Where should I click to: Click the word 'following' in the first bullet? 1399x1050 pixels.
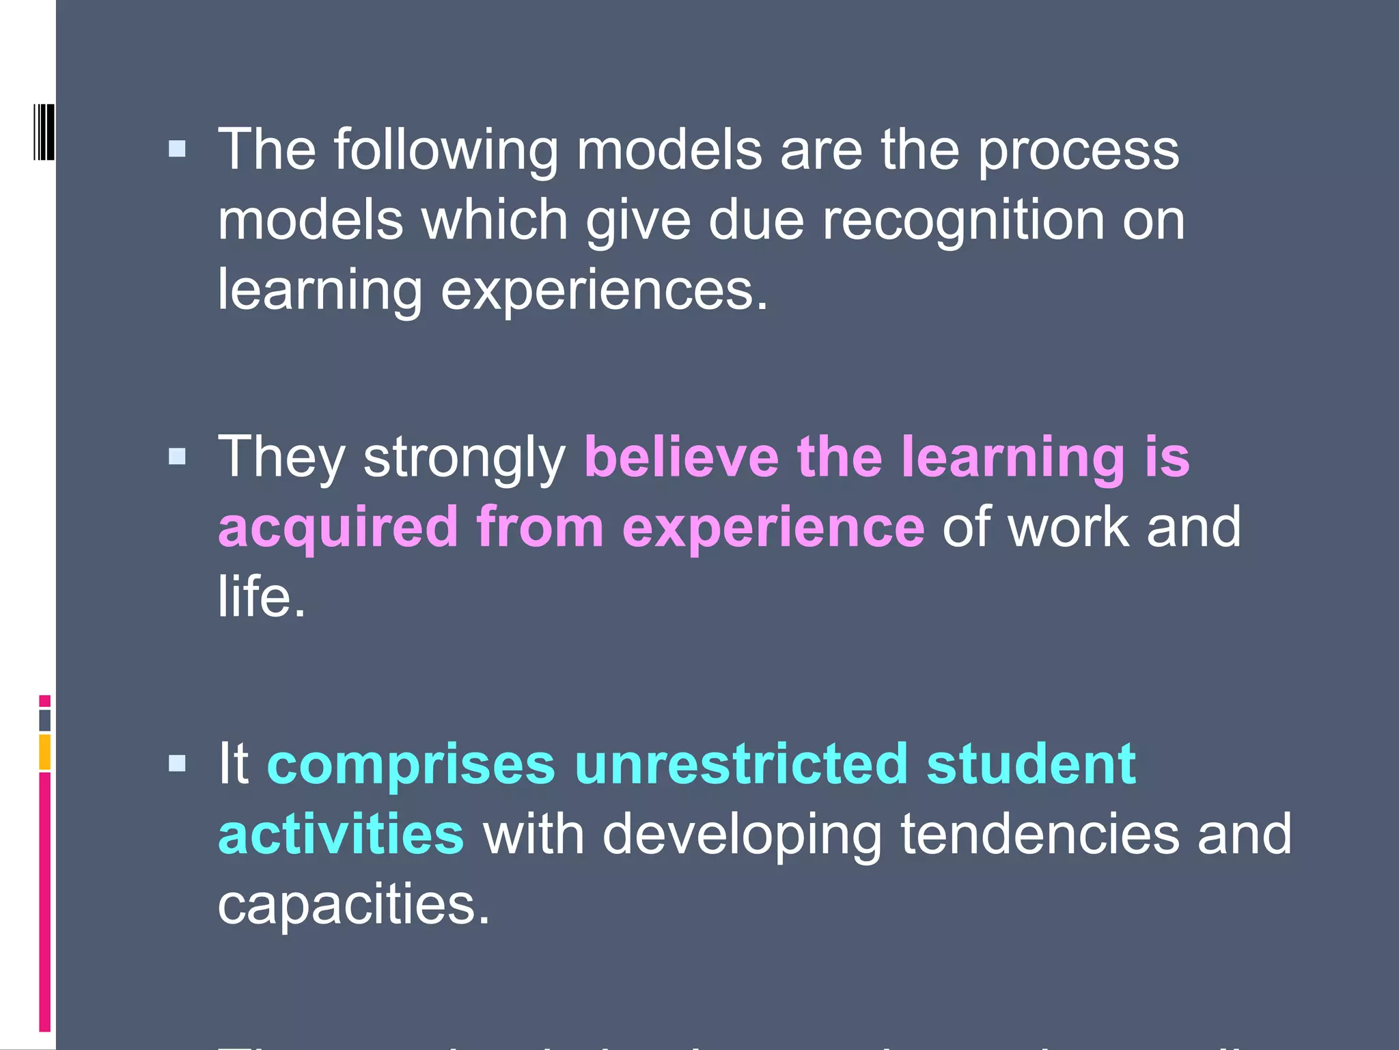coord(445,150)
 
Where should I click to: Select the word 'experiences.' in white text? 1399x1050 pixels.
coord(605,291)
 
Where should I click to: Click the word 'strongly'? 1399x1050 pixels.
coord(465,458)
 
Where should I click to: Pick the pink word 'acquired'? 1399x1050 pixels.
coord(338,528)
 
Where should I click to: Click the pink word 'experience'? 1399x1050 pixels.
coord(773,528)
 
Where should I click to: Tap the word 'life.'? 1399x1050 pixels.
coord(262,596)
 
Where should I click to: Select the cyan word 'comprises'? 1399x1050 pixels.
coord(411,766)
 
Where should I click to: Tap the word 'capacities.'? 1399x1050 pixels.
coord(354,904)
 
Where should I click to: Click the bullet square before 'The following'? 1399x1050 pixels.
coord(177,149)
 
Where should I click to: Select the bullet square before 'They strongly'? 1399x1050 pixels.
coord(177,457)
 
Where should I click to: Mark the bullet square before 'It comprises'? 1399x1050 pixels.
coord(177,764)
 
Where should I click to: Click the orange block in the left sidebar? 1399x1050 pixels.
coord(44,752)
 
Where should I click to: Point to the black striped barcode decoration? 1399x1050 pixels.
coord(44,132)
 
